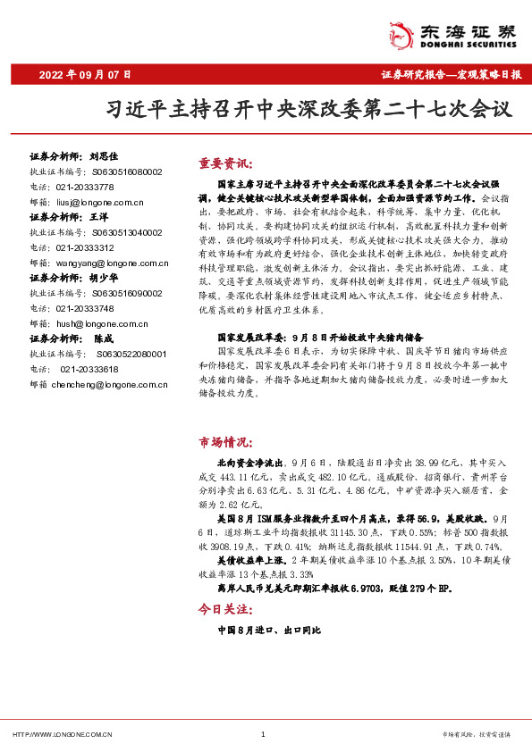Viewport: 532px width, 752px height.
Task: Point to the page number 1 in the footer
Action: (263, 735)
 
